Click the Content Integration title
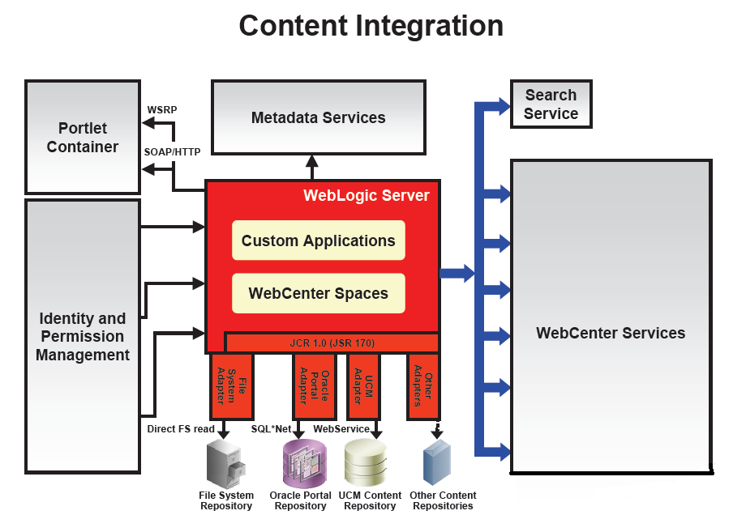point(371,25)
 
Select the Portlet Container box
point(83,137)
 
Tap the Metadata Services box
point(318,117)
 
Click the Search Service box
point(551,104)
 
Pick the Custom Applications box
point(318,240)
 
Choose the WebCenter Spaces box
point(318,293)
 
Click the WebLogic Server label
point(366,195)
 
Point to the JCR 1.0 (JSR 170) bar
point(332,343)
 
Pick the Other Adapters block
point(423,386)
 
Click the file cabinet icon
point(223,464)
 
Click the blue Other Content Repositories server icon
point(437,463)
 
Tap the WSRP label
point(161,109)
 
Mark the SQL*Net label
point(271,428)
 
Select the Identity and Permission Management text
point(83,337)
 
